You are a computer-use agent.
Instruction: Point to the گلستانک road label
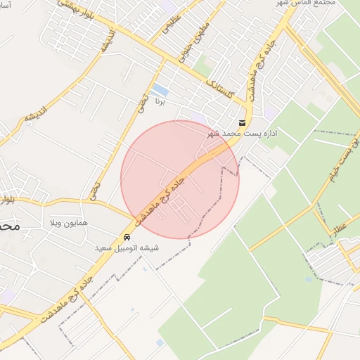point(219,89)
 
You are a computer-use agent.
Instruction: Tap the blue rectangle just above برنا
point(160,90)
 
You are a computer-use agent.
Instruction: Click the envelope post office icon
point(243,122)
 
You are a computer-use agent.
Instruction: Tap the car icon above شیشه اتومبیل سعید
point(127,237)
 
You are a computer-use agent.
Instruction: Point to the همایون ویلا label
point(67,223)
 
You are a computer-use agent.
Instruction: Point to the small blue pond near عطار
point(309,279)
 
